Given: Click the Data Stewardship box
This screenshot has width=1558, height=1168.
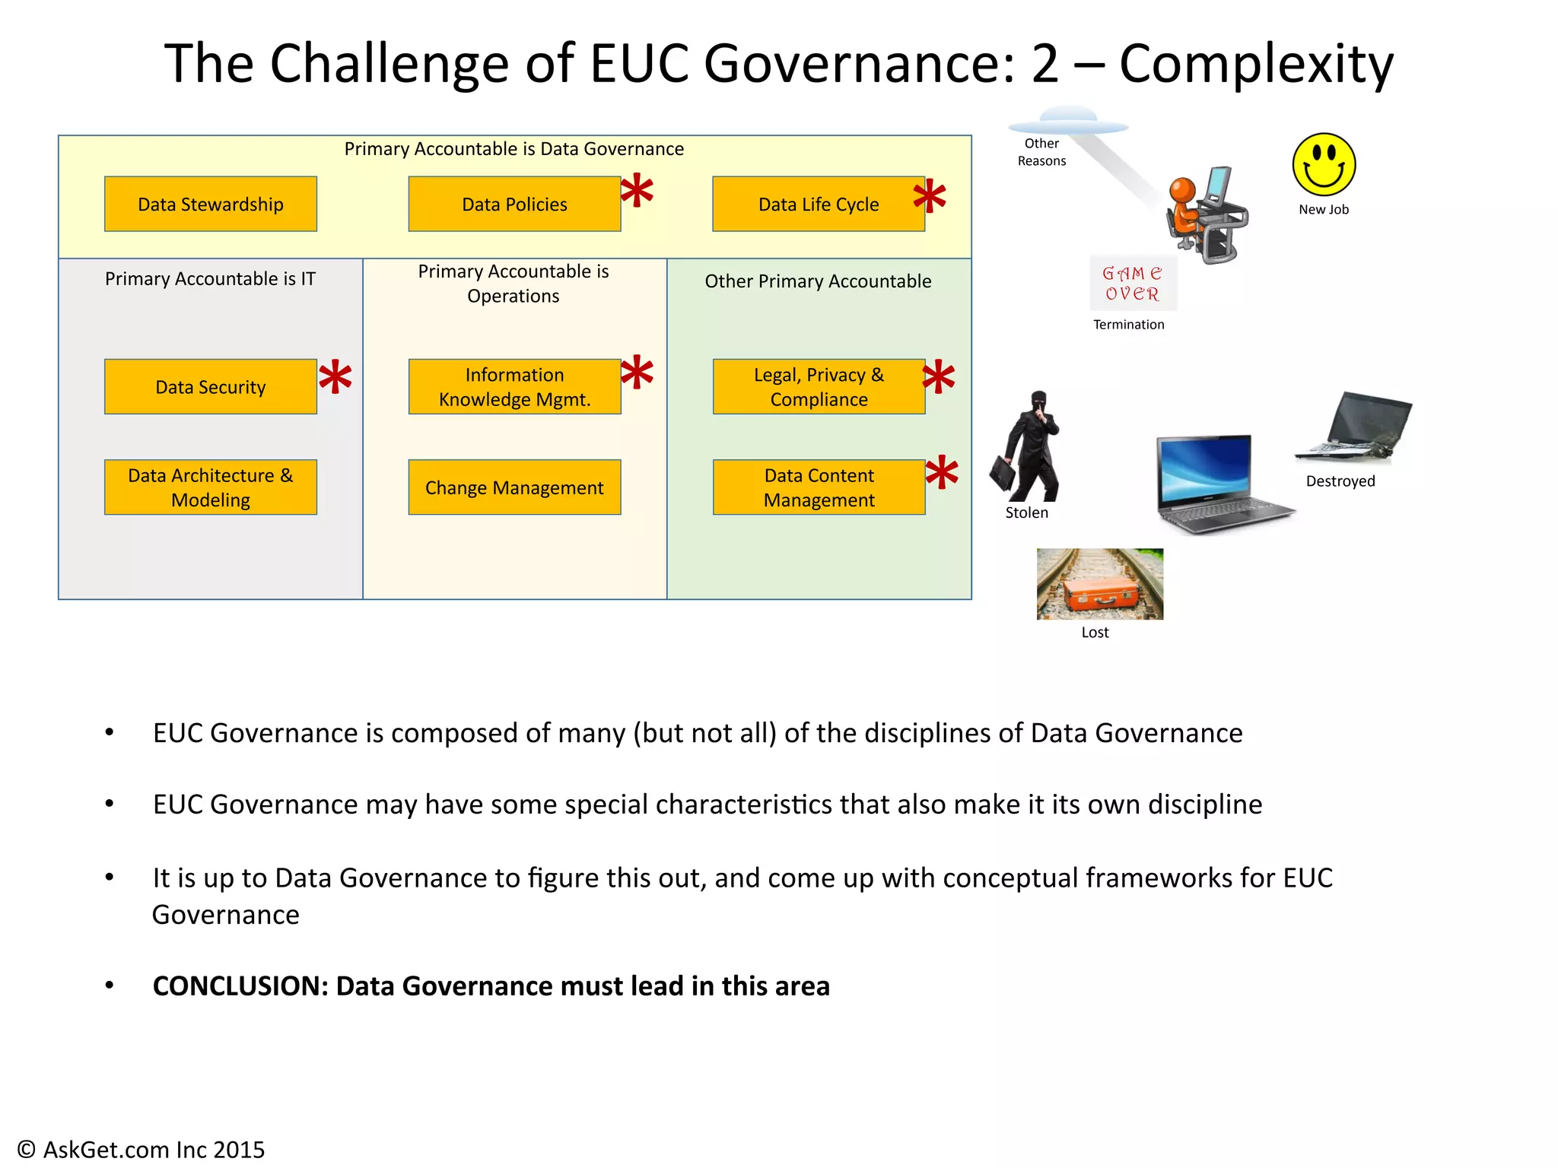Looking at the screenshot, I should (211, 204).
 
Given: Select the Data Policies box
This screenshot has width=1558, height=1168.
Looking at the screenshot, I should (514, 204).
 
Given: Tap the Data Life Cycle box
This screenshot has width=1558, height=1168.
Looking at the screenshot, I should (818, 204).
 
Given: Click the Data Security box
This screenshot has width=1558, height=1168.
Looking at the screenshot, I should (211, 386).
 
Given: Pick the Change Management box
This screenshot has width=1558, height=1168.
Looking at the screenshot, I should (514, 487).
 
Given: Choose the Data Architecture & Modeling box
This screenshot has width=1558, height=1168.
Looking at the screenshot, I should (211, 487).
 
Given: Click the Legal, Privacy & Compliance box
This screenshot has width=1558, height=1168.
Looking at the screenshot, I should (819, 386).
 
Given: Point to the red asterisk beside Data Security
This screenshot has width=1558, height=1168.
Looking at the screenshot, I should (335, 378).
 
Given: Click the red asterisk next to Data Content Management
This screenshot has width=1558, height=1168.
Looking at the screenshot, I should (942, 473).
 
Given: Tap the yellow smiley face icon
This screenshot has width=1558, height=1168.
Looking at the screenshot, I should (1324, 165).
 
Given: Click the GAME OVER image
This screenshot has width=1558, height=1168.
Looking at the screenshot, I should (1133, 284).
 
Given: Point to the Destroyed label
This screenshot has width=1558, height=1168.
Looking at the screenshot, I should (1340, 481).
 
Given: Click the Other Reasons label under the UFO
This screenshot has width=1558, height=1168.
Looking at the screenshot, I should (1041, 152).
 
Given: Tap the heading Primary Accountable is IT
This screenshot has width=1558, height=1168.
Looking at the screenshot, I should (210, 279).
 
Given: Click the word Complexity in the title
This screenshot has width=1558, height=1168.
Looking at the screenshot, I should (1255, 63).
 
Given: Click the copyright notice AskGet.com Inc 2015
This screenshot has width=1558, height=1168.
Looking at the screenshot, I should (141, 1149).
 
